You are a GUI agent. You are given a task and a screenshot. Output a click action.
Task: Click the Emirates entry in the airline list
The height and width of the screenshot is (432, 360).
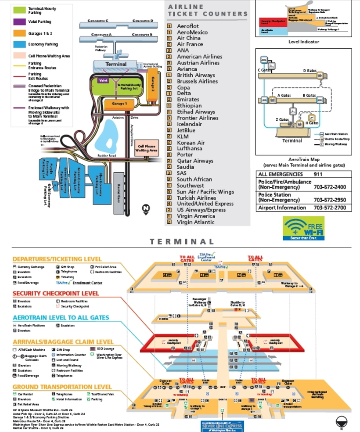[x=188, y=99]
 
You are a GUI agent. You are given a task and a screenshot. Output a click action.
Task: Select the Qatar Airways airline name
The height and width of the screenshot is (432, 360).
[x=195, y=161]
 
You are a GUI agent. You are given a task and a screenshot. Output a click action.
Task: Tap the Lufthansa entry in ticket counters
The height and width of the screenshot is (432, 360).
[x=190, y=149]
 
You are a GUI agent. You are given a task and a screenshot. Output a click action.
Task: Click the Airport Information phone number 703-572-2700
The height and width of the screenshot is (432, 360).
[x=330, y=208]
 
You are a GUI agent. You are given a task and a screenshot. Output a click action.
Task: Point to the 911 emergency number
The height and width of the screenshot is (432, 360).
[x=318, y=174]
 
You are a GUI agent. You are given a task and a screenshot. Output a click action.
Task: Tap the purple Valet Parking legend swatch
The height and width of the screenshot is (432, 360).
[x=19, y=22]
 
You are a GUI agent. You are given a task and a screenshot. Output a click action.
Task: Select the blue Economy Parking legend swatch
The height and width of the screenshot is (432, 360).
[x=19, y=44]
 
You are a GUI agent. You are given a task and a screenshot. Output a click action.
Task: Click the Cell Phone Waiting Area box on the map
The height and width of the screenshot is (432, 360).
[x=147, y=149]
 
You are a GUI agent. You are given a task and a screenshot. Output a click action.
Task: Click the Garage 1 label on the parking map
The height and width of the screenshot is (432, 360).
[x=119, y=104]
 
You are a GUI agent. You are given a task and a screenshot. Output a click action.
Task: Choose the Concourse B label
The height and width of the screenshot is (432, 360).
[x=142, y=34]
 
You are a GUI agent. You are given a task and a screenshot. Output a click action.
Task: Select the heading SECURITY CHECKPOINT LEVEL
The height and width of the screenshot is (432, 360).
[x=56, y=294]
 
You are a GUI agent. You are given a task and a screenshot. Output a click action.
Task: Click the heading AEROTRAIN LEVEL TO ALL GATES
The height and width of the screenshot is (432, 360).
[x=61, y=318]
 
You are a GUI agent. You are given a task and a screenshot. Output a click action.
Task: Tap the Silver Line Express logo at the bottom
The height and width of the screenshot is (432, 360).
[x=222, y=425]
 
